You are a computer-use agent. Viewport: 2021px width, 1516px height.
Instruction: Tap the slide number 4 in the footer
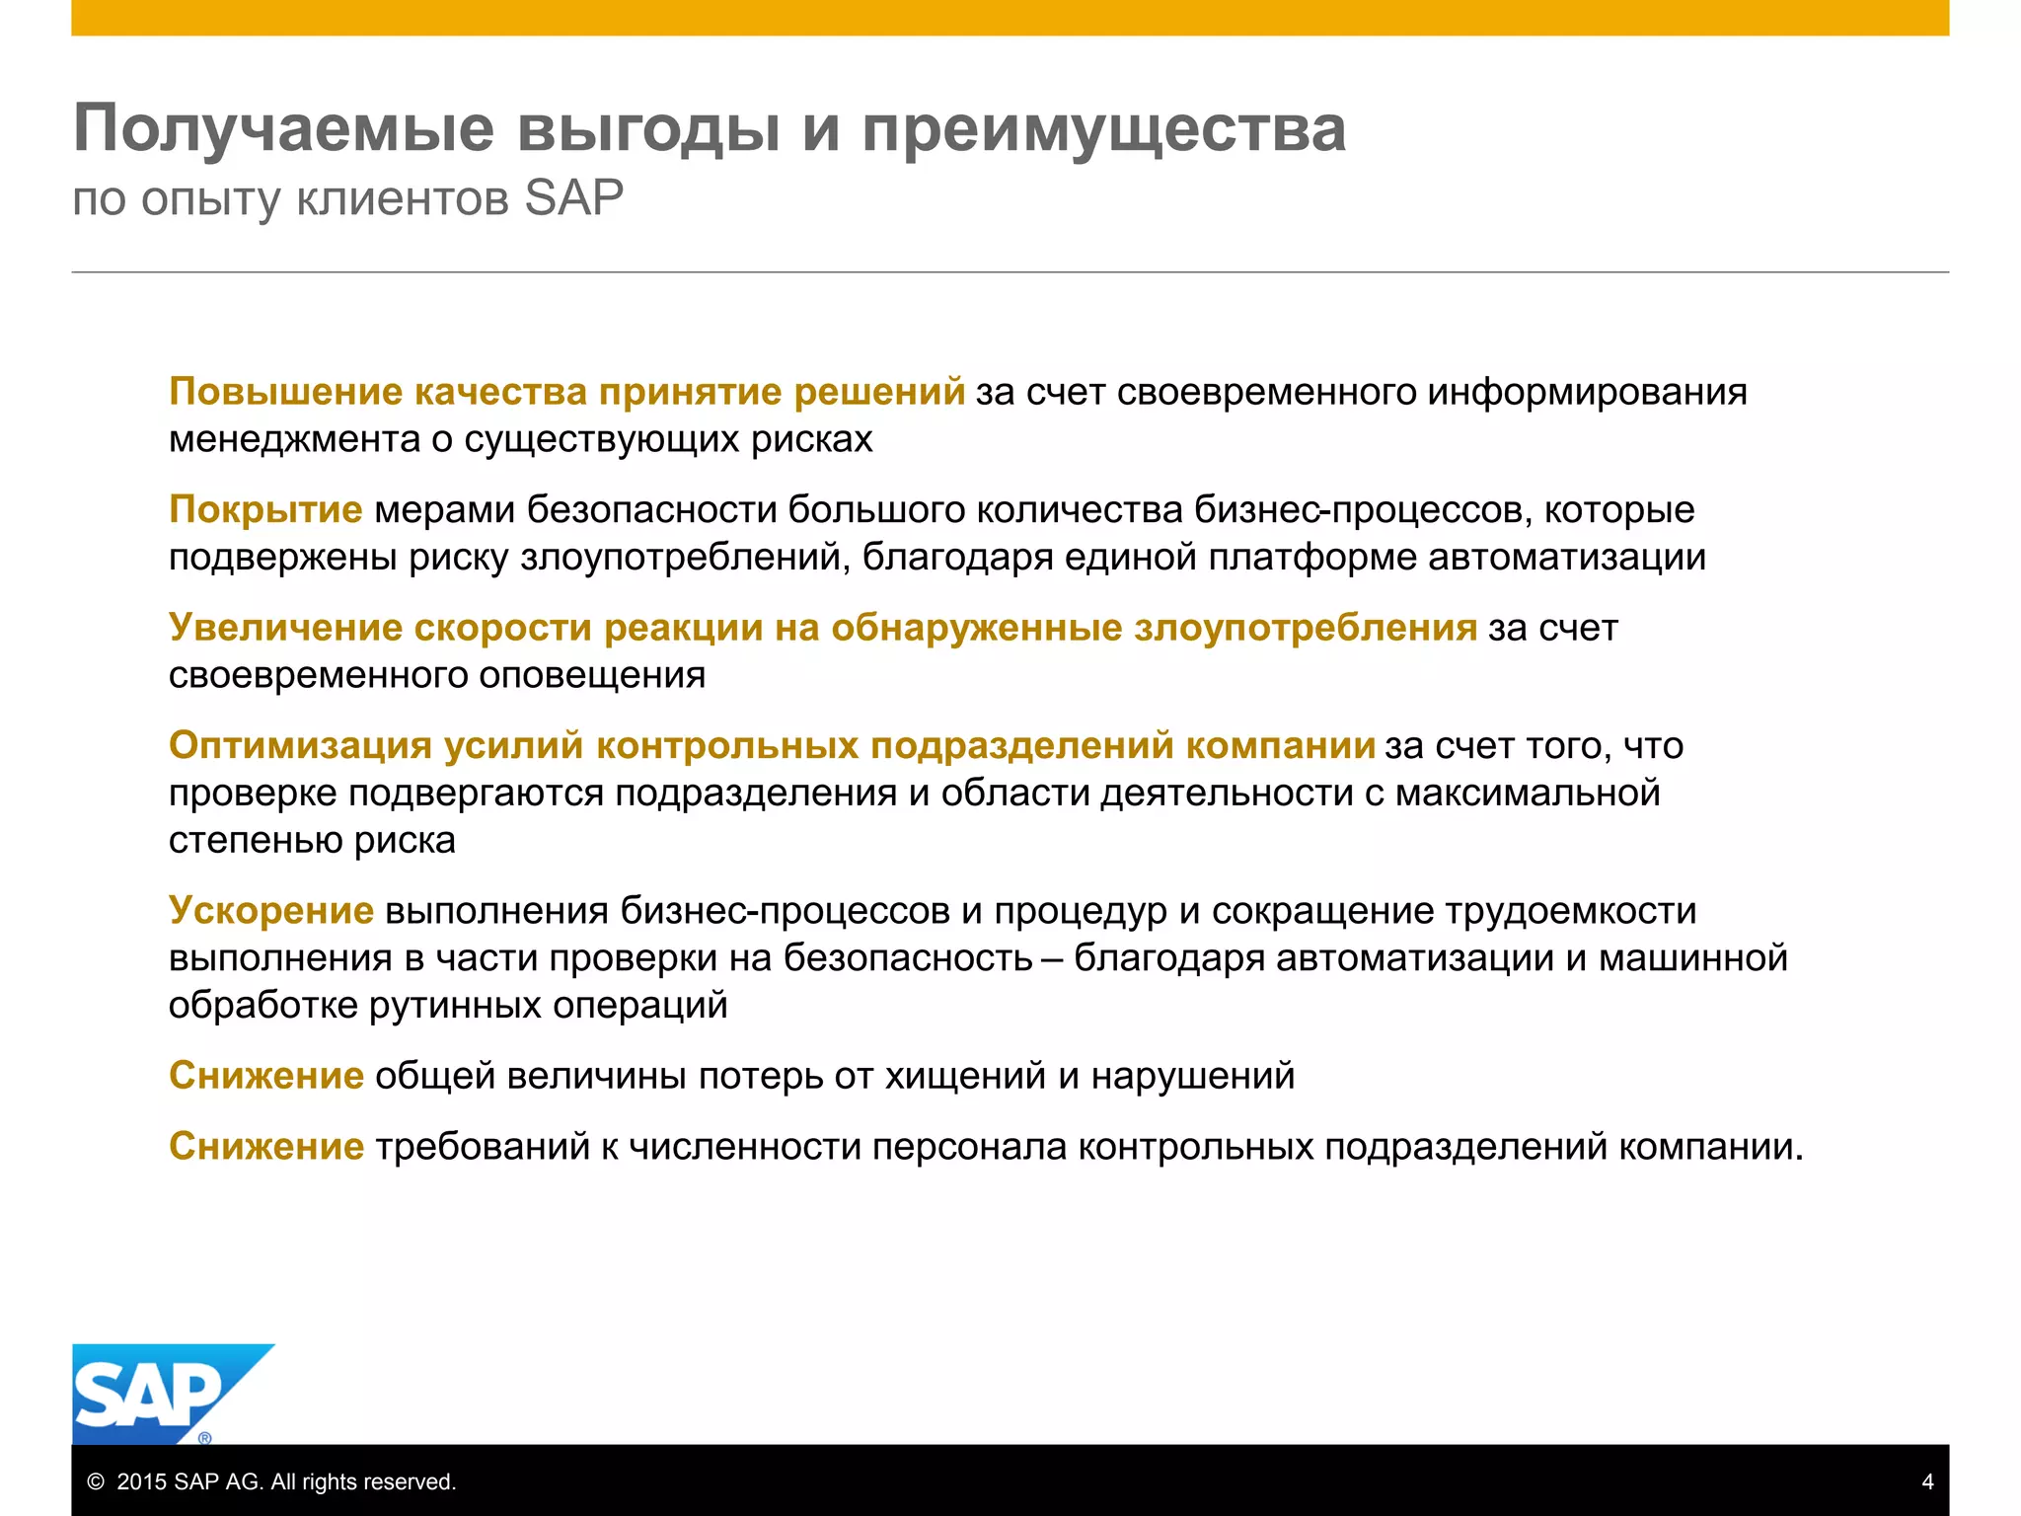pos(1927,1481)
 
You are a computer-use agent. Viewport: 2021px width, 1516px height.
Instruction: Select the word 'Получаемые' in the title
pos(283,129)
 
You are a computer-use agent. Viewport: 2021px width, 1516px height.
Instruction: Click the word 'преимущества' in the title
pos(1103,129)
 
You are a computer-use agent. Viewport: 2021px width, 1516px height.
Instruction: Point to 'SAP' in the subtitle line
pos(573,198)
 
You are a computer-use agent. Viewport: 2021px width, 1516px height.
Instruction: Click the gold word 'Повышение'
pos(285,392)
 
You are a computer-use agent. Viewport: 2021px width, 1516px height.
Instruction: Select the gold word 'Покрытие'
pos(265,509)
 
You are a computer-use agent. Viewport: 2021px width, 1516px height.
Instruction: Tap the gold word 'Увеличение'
pos(285,628)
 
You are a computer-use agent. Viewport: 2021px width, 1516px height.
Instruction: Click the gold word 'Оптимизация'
pos(300,745)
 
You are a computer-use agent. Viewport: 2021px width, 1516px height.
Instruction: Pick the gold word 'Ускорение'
pos(271,910)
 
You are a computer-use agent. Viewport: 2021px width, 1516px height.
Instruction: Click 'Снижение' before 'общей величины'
pos(266,1075)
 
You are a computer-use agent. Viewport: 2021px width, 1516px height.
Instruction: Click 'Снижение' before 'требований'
pos(266,1146)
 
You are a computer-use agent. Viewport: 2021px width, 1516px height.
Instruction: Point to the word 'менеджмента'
pos(294,439)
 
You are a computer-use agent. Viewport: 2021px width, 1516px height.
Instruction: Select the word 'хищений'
pos(965,1075)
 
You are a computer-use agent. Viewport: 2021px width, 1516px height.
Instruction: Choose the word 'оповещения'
pos(592,675)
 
